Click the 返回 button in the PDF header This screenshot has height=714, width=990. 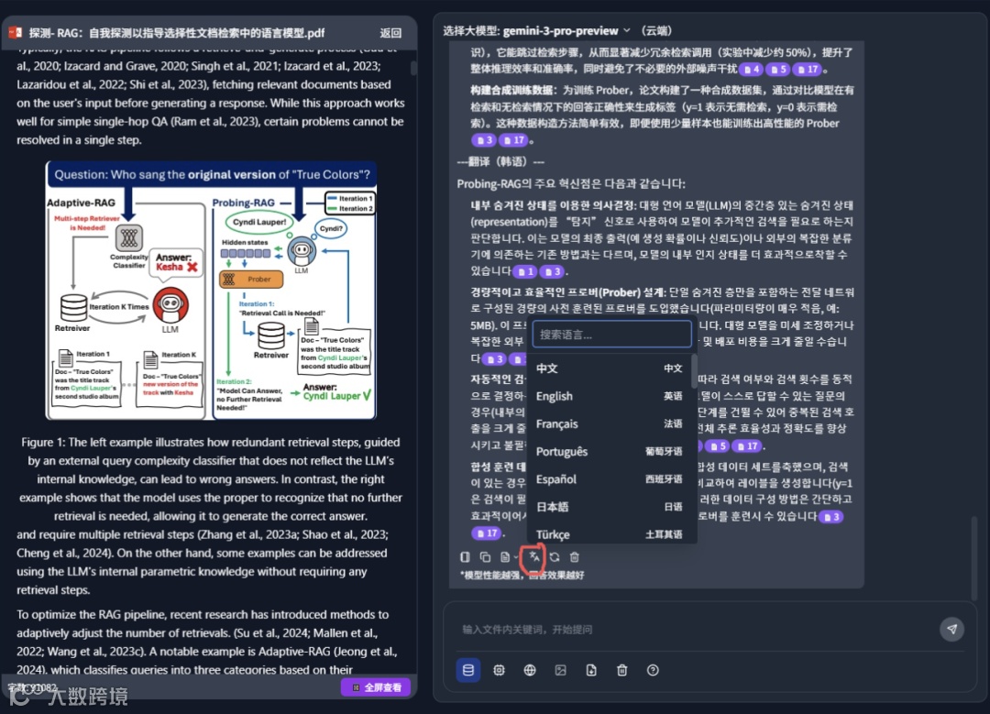(x=390, y=32)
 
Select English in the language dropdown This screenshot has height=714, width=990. (x=555, y=396)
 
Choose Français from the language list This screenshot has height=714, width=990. (x=557, y=423)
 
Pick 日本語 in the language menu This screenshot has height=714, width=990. (x=553, y=507)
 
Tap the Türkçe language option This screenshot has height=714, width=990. (x=553, y=534)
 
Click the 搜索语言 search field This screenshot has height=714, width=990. (x=611, y=335)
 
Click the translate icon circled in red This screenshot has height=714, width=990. (x=533, y=556)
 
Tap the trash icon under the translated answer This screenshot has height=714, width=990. (x=575, y=556)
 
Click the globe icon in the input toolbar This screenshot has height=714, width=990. (x=530, y=670)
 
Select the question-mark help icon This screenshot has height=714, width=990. (x=653, y=670)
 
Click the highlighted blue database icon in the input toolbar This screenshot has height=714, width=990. (x=468, y=670)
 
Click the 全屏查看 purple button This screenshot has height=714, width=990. (x=376, y=687)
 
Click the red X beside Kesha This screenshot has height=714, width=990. (x=192, y=267)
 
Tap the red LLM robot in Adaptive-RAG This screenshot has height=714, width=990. (x=170, y=304)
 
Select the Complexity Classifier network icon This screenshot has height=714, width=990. (x=128, y=237)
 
